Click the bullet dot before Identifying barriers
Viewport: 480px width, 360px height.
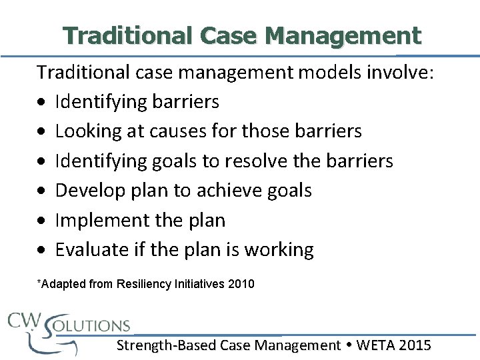click(42, 103)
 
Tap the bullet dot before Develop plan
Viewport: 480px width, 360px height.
click(42, 191)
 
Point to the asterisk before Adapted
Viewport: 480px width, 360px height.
click(39, 283)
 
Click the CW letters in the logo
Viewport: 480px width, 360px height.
click(24, 320)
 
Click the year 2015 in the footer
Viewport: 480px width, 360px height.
click(415, 345)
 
